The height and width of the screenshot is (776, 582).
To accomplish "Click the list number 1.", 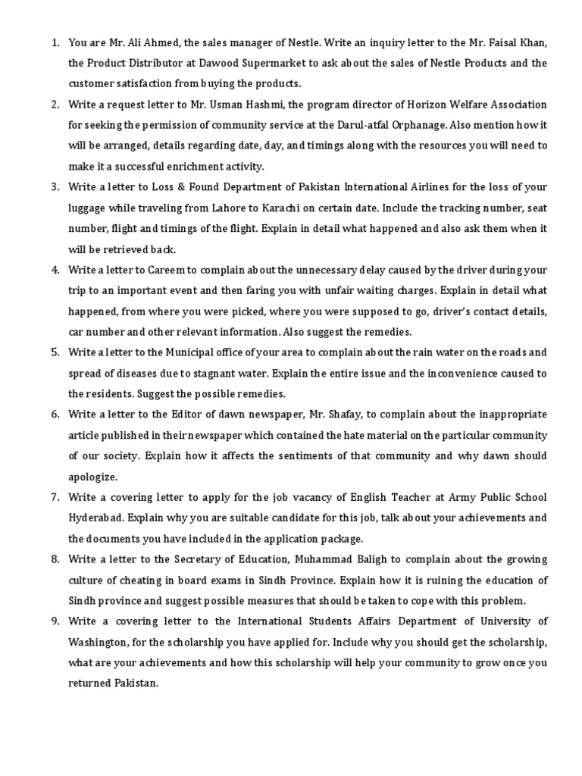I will [55, 42].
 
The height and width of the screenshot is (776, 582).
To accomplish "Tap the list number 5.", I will [55, 352].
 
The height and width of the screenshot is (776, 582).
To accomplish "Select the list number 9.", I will [55, 621].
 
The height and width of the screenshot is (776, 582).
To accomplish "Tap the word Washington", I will [103, 643].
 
